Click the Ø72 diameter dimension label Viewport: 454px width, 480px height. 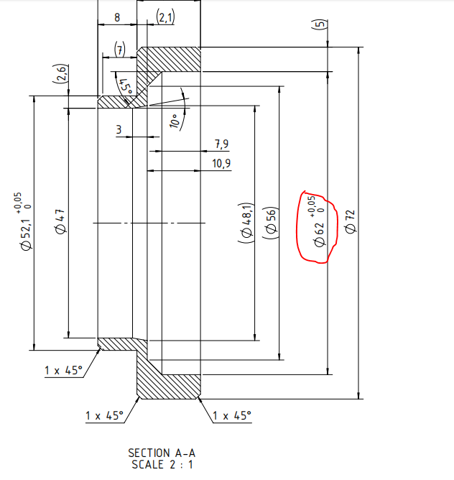click(x=350, y=221)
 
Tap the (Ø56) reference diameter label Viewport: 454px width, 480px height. click(x=271, y=223)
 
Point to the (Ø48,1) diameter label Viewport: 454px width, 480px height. click(x=246, y=223)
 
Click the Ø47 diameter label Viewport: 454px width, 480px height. click(x=60, y=221)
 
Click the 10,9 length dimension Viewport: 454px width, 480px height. click(x=221, y=164)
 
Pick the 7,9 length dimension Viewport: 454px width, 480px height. click(x=222, y=144)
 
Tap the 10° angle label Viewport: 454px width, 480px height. click(x=174, y=121)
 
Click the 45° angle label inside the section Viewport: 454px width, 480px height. click(x=126, y=87)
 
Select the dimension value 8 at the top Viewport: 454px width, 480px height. click(x=117, y=17)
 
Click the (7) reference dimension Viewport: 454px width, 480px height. click(x=120, y=50)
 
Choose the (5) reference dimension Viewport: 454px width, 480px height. click(x=319, y=24)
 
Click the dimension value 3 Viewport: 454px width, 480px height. click(x=119, y=130)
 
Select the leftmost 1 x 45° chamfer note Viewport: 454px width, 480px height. click(x=64, y=370)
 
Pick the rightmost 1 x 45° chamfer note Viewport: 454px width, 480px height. click(x=232, y=416)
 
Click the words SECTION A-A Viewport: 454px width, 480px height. click(x=162, y=453)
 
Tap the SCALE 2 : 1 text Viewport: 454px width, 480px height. click(x=162, y=464)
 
